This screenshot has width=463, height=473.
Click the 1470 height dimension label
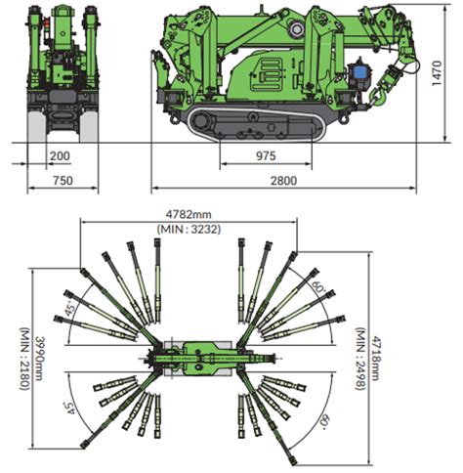(438, 73)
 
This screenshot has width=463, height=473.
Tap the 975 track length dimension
(266, 156)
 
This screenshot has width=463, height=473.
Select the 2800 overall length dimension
(283, 181)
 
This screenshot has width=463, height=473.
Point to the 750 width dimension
(63, 181)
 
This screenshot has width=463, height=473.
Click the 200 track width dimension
(60, 156)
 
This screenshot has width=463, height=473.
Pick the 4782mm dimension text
(189, 215)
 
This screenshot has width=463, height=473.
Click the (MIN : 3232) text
(189, 230)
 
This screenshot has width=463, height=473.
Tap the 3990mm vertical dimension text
(40, 358)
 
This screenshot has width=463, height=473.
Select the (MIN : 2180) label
(25, 359)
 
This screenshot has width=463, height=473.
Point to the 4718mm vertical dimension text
(374, 359)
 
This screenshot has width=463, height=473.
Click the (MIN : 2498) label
(359, 359)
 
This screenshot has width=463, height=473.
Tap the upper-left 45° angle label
(69, 308)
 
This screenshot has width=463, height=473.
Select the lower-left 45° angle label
(69, 408)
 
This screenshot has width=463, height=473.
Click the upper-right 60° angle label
(318, 285)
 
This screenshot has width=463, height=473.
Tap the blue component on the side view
(359, 71)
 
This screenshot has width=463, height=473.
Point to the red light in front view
(47, 22)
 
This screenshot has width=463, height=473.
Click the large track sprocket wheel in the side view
(201, 121)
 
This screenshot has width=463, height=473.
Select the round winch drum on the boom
(297, 29)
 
